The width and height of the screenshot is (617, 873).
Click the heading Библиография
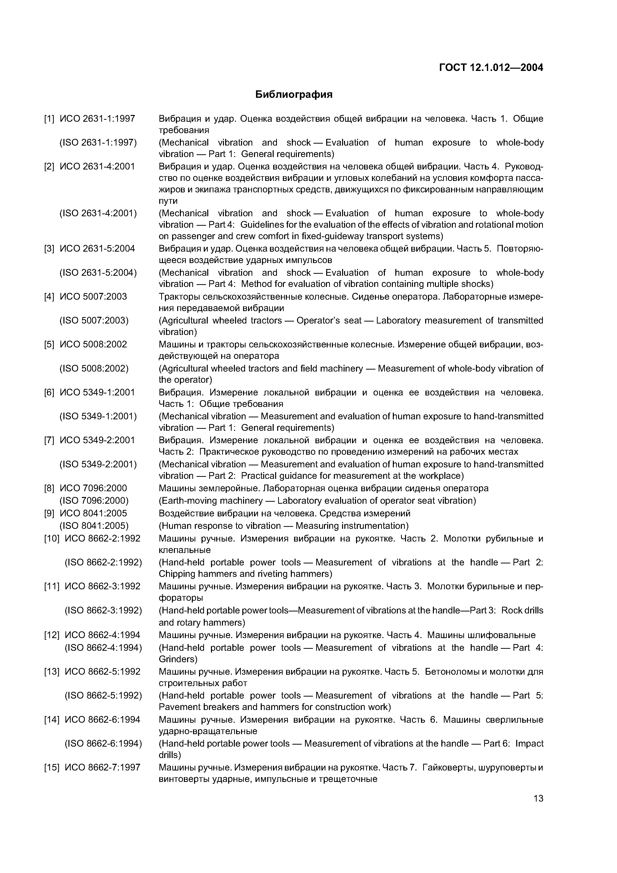tap(294, 95)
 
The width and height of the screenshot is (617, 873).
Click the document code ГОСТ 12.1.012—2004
tap(491, 68)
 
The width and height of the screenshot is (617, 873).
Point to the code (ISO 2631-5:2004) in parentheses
tap(98, 273)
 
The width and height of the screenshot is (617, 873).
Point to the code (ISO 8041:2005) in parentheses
tap(94, 526)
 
